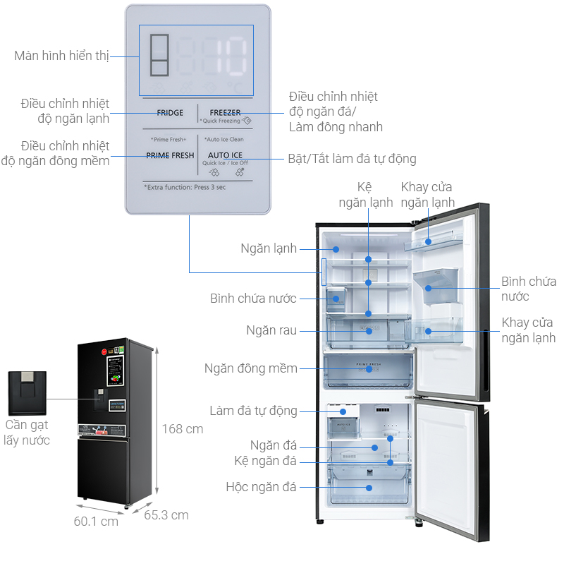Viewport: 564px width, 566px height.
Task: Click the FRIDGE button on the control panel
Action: (170, 113)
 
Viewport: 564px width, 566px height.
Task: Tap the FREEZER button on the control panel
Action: (225, 113)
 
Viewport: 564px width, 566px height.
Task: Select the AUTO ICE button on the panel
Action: (225, 155)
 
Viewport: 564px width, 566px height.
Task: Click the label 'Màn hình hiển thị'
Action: (61, 56)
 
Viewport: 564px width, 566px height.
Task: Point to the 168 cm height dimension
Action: (182, 428)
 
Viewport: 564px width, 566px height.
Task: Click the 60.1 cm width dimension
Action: (96, 522)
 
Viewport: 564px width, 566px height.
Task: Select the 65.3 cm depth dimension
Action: (166, 515)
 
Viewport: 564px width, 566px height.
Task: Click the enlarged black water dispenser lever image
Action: (27, 393)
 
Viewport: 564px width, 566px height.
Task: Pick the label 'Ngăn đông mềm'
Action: (250, 368)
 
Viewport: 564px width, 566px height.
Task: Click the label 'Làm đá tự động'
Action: (253, 411)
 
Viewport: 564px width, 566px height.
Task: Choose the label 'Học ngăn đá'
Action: (261, 487)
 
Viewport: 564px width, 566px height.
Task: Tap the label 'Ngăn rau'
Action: (271, 330)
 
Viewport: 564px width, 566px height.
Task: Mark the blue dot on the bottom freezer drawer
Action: (369, 487)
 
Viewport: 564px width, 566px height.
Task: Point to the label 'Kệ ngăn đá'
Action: (266, 461)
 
